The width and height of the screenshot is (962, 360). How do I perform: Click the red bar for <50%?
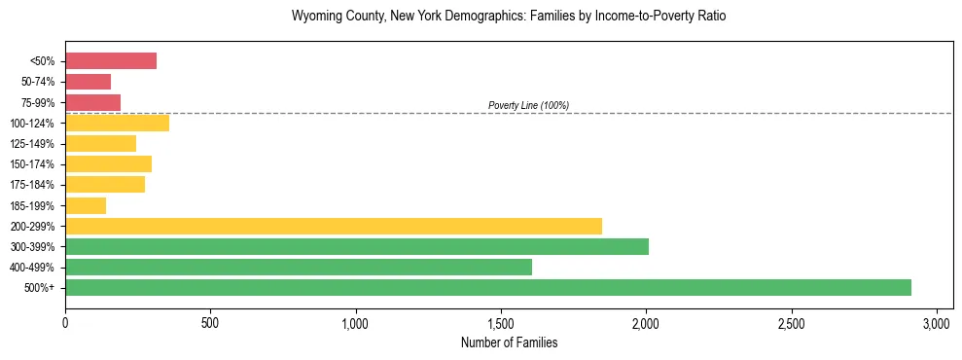[111, 61]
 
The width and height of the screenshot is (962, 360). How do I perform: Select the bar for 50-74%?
[88, 82]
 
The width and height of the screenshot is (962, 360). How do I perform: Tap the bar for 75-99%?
[92, 102]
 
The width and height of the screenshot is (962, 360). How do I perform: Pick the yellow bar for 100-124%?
[117, 123]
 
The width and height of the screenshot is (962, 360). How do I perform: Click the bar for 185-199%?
[86, 205]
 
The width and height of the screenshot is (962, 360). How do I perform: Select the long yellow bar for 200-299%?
[333, 226]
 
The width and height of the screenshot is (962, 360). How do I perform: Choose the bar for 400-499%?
[298, 267]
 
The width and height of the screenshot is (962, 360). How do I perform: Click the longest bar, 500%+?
[487, 287]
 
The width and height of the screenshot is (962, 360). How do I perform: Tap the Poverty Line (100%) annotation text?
[528, 105]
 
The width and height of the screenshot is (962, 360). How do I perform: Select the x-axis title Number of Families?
[509, 342]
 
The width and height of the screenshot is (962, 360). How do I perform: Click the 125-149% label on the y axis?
[32, 144]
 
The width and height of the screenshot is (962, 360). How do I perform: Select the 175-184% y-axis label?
[32, 185]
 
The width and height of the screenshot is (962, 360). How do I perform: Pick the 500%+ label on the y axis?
[39, 288]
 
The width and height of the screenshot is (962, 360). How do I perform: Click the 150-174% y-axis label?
[32, 164]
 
